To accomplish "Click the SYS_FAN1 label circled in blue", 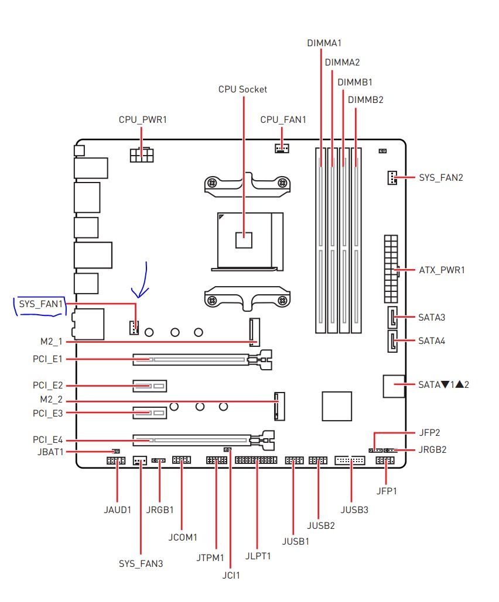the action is pos(41,304).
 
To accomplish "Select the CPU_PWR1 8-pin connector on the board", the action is pos(142,155).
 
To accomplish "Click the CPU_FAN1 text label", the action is pos(283,120).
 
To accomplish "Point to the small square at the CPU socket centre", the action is pos(244,240).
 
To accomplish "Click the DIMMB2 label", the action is pos(365,100).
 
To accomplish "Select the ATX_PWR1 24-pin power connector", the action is pos(391,269).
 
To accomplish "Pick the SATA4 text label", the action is pos(432,341).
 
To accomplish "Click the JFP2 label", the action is pos(429,433).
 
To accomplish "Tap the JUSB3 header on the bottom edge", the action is pos(350,460).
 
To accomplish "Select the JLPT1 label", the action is pos(258,556).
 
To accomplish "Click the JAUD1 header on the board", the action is pos(116,461).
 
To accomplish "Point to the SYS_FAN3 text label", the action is pos(141,563).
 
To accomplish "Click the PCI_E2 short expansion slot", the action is pos(149,386).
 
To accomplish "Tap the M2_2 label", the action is pos(51,400).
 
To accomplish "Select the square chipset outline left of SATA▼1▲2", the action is pos(337,406).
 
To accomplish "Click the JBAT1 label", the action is pos(50,452).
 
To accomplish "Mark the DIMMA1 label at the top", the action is pos(324,43).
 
